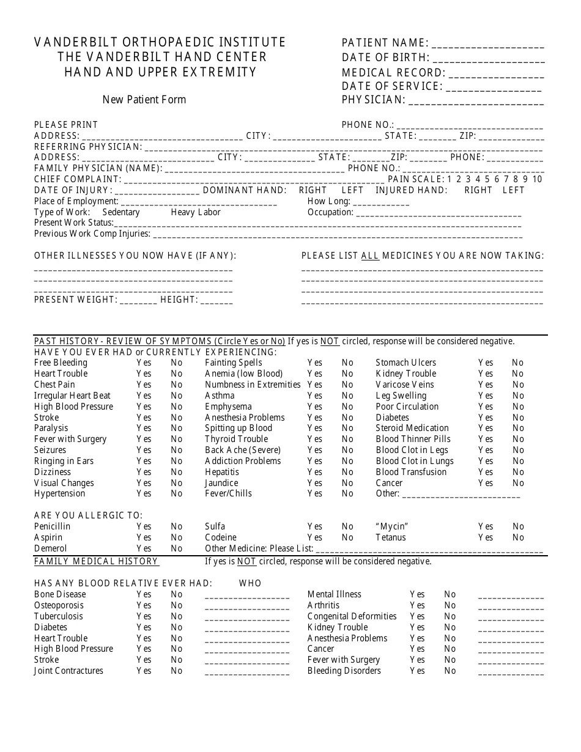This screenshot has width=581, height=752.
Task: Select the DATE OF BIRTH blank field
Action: (489, 59)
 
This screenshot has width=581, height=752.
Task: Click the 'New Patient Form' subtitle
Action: (144, 100)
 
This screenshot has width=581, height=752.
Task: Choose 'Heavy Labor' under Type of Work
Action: (196, 212)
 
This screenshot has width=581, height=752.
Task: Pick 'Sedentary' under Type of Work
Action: (121, 212)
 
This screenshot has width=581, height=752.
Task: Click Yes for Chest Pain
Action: (144, 385)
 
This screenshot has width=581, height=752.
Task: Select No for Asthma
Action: (347, 396)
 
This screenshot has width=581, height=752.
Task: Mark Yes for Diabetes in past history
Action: (486, 418)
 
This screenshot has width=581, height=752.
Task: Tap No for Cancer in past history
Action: (518, 483)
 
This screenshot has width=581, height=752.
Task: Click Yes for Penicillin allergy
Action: (144, 526)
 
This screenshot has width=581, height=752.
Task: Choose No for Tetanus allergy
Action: (518, 537)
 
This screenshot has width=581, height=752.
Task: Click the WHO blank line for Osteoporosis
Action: (247, 606)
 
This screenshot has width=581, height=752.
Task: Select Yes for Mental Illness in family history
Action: (417, 594)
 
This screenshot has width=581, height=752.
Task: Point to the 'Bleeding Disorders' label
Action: (344, 671)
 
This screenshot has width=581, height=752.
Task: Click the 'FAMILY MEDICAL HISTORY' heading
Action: (96, 561)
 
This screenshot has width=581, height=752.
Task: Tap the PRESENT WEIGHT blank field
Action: (138, 300)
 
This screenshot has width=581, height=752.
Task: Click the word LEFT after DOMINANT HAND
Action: (352, 190)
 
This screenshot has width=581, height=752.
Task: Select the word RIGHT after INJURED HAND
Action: (478, 190)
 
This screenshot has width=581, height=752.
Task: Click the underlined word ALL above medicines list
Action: (370, 256)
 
